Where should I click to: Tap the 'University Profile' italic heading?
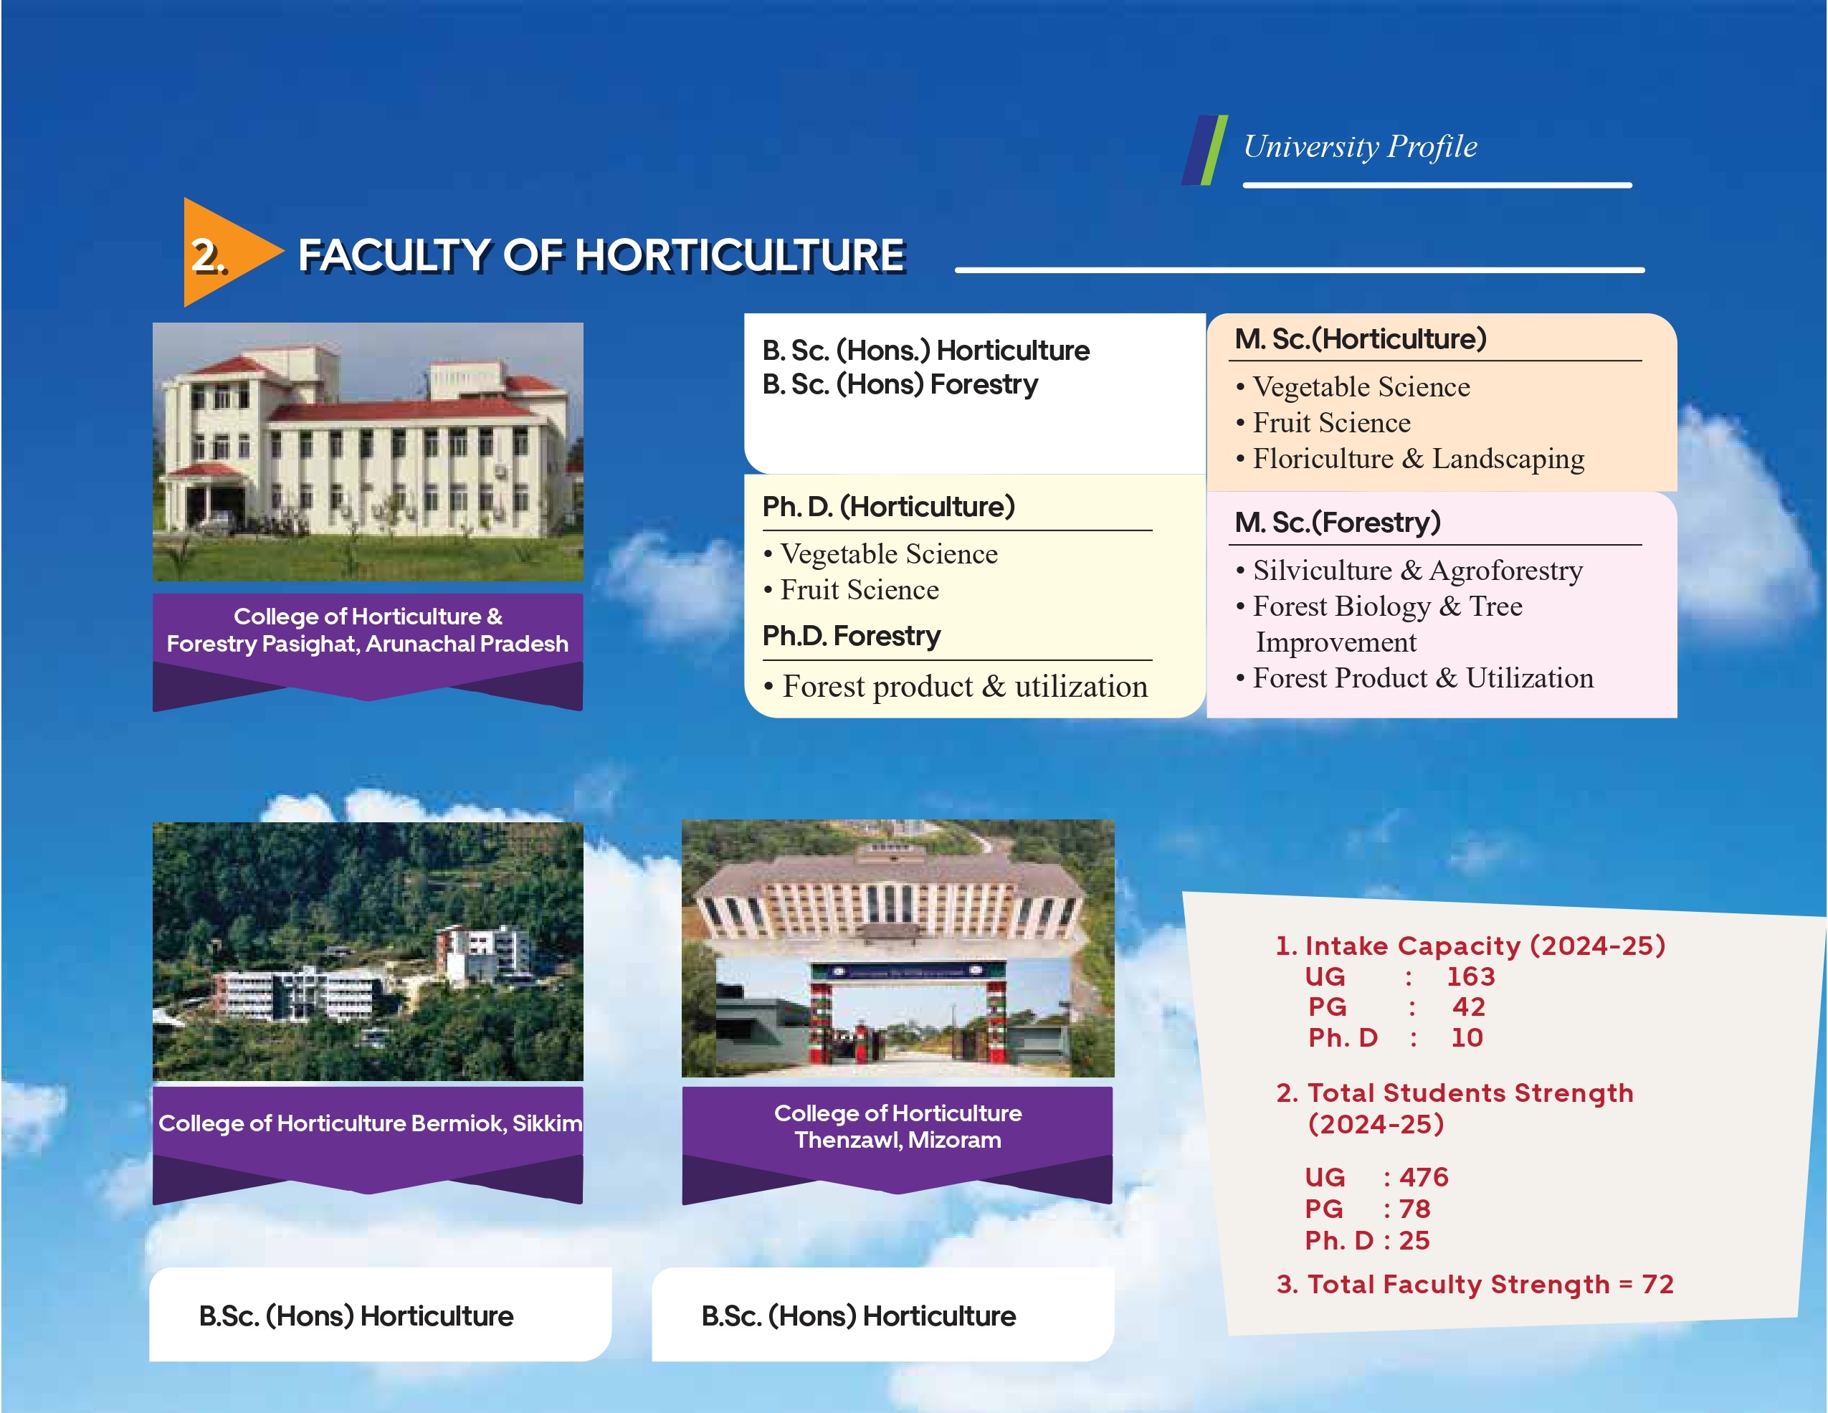click(1360, 146)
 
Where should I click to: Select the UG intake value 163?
click(1470, 976)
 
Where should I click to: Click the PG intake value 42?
click(1469, 1007)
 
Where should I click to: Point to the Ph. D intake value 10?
click(1467, 1037)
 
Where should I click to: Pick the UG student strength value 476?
click(1424, 1177)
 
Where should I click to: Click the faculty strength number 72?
click(1657, 1284)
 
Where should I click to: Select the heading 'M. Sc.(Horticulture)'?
click(1361, 339)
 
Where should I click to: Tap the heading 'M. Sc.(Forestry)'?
click(1338, 523)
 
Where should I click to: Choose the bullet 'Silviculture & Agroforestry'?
click(1409, 570)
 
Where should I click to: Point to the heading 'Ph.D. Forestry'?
click(851, 636)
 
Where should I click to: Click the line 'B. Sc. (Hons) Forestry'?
click(900, 384)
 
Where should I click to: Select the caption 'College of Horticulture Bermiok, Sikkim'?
click(370, 1123)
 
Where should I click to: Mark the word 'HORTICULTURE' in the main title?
click(741, 255)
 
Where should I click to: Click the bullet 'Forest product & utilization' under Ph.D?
click(956, 686)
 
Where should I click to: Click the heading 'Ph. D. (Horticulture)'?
click(888, 506)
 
